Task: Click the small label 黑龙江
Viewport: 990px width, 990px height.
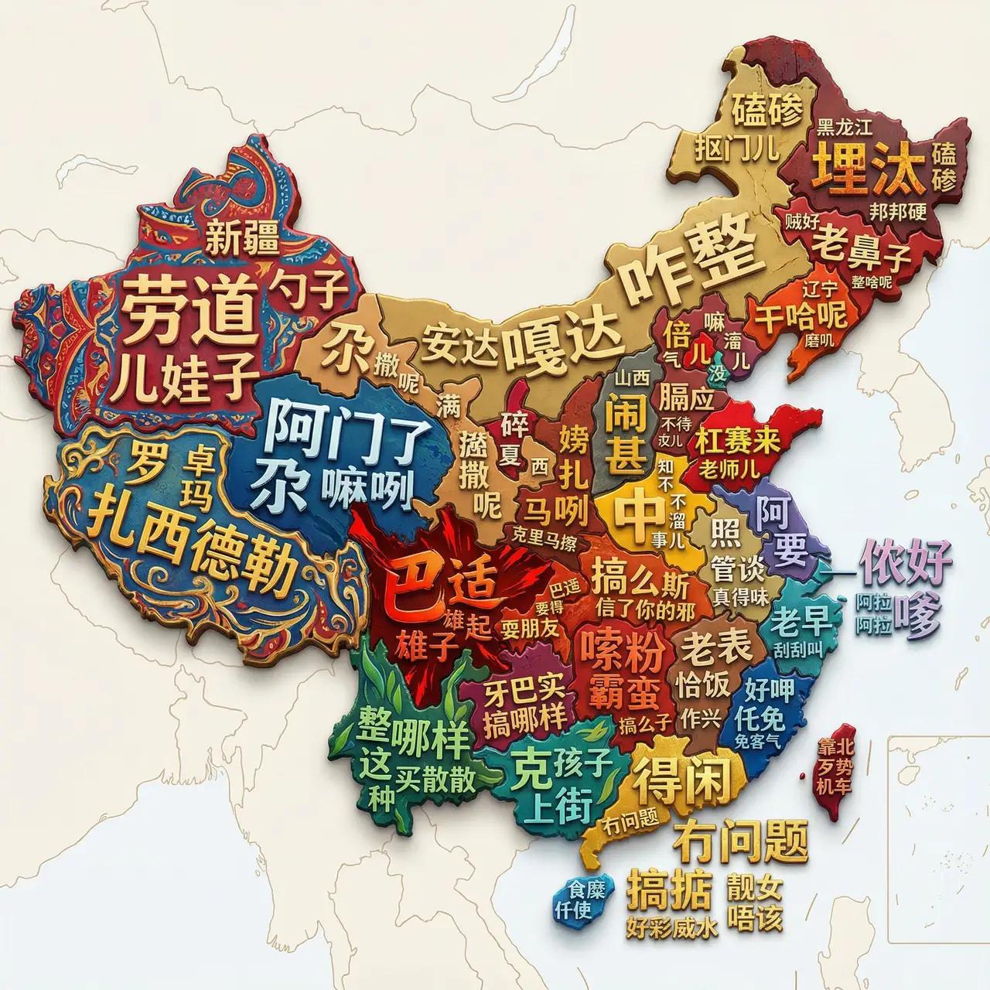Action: pyautogui.click(x=845, y=128)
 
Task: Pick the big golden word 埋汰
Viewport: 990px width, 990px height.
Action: pyautogui.click(x=869, y=169)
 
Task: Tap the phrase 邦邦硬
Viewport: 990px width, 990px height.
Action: pyautogui.click(x=897, y=211)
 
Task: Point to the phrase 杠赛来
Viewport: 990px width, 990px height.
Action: pyautogui.click(x=738, y=440)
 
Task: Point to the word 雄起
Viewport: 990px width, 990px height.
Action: pyautogui.click(x=468, y=622)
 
